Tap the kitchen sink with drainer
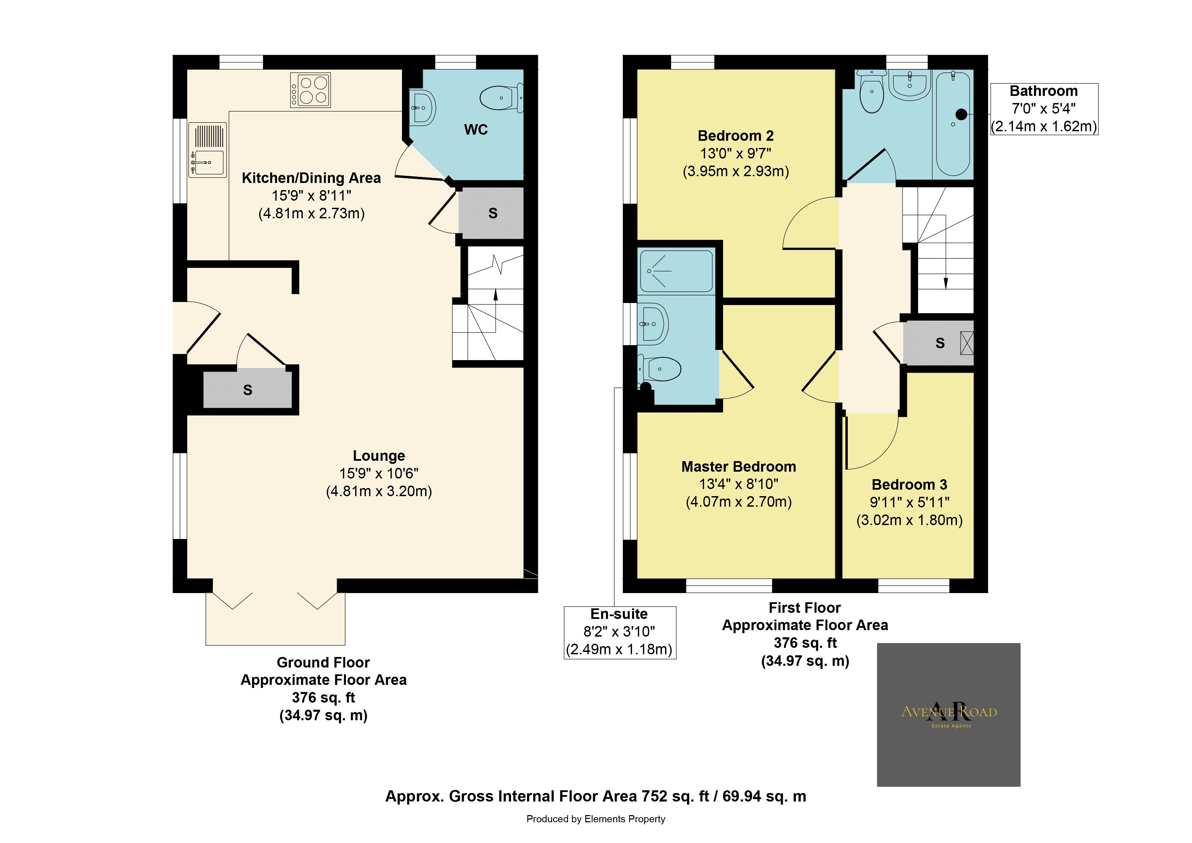208,150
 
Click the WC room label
476,129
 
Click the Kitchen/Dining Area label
311,178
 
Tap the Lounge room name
379,456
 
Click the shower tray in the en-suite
677,271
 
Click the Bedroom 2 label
736,136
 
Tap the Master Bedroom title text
739,467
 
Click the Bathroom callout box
1044,109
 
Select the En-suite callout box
620,633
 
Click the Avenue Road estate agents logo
948,715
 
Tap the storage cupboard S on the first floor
939,343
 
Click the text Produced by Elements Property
595,819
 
